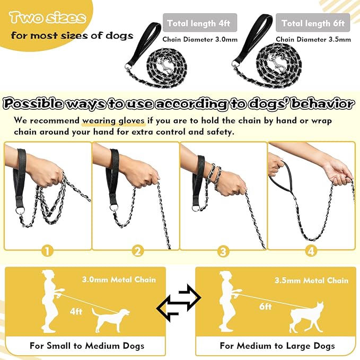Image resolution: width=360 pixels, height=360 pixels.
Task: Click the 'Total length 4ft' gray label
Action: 199,23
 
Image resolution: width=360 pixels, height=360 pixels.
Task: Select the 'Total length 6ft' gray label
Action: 313,23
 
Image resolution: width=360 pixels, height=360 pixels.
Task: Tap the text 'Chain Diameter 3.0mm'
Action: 199,39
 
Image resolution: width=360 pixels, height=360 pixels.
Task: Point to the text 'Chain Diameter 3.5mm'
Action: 313,39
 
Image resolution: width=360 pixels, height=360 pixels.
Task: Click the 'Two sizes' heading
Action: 47,18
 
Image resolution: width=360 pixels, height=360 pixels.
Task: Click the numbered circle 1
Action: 48,251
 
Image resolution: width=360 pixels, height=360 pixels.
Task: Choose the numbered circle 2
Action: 138,251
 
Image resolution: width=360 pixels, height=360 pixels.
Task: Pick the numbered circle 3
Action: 223,251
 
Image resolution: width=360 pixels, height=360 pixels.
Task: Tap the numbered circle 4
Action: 311,251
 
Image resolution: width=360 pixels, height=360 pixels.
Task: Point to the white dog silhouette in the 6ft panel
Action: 306,318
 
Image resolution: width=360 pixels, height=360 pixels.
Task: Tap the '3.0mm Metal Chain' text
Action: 119,279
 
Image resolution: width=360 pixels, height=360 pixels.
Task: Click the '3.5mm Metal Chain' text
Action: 311,279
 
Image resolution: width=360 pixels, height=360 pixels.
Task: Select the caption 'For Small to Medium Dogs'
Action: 87,346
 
